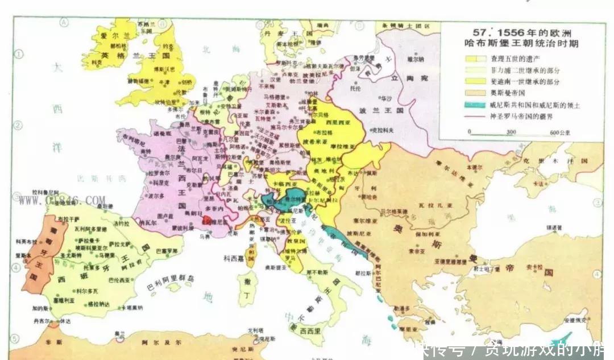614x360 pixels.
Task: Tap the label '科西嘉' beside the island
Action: [x=234, y=258]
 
